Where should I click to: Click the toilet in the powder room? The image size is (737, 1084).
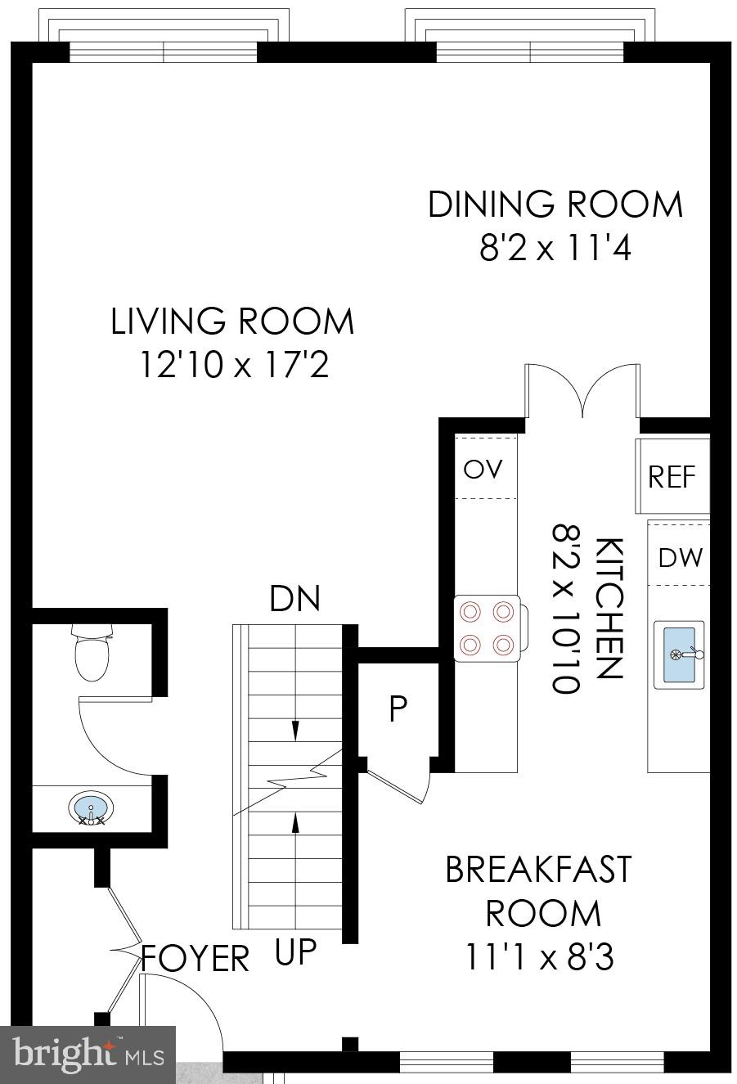pyautogui.click(x=92, y=652)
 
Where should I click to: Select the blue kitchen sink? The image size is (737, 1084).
pyautogui.click(x=679, y=654)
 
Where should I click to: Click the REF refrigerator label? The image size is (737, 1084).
pyautogui.click(x=672, y=477)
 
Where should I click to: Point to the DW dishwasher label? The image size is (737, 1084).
pyautogui.click(x=680, y=557)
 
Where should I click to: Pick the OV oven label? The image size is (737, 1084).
pyautogui.click(x=483, y=469)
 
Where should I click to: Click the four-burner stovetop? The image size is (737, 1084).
pyautogui.click(x=488, y=628)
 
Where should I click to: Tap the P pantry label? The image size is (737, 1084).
pyautogui.click(x=398, y=709)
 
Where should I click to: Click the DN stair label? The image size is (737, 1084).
pyautogui.click(x=294, y=599)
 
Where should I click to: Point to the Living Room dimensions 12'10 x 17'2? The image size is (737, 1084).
pyautogui.click(x=235, y=364)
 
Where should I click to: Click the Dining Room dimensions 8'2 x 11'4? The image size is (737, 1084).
pyautogui.click(x=555, y=248)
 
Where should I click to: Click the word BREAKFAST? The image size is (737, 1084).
pyautogui.click(x=538, y=869)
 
